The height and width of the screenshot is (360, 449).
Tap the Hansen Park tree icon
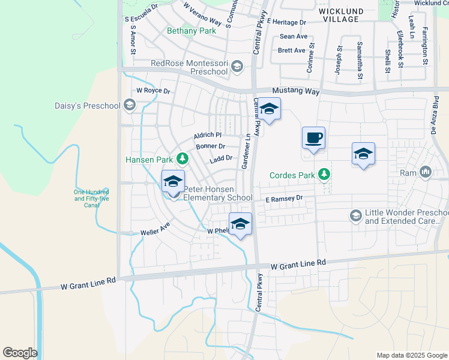pyautogui.click(x=182, y=159)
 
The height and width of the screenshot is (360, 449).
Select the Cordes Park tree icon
pyautogui.click(x=324, y=175)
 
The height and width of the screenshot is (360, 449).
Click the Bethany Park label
pyautogui.click(x=191, y=31)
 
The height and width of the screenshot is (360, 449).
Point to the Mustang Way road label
pyautogui.click(x=294, y=92)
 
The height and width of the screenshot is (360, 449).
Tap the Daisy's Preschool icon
pyautogui.click(x=129, y=106)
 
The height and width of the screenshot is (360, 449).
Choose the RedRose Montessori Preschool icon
pyautogui.click(x=237, y=67)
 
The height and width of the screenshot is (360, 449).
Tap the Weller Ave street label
pyautogui.click(x=155, y=229)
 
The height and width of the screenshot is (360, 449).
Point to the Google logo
pyautogui.click(x=20, y=353)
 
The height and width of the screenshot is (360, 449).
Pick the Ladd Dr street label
pyautogui.click(x=221, y=159)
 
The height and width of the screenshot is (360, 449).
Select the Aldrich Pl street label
pyautogui.click(x=208, y=136)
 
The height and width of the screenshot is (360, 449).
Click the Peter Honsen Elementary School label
pyautogui.click(x=217, y=193)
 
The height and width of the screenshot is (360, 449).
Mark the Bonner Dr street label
pyautogui.click(x=210, y=146)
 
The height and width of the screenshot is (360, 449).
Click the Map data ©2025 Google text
pyautogui.click(x=411, y=355)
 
